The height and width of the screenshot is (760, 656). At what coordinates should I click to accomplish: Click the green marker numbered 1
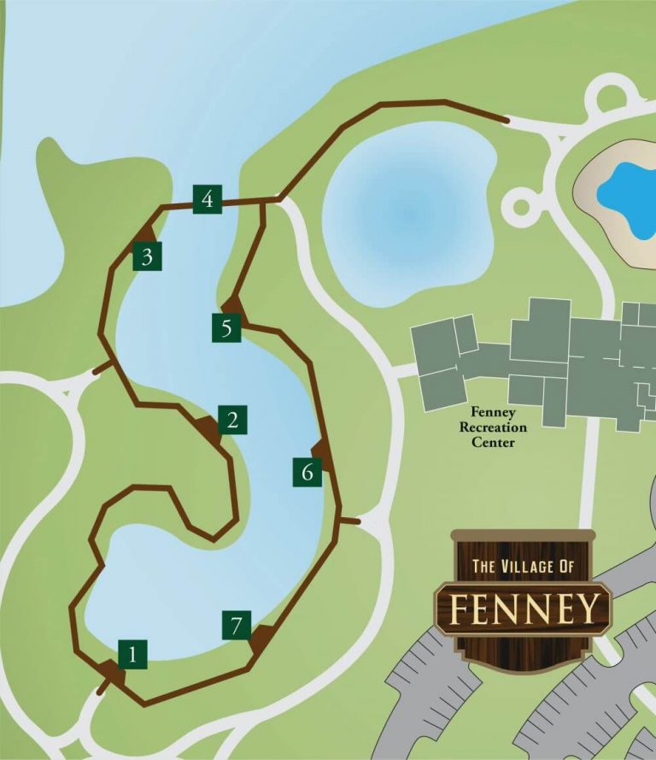click(x=132, y=655)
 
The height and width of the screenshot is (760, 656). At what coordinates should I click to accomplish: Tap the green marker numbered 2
click(x=232, y=420)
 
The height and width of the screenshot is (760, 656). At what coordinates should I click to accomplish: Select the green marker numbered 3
click(x=148, y=256)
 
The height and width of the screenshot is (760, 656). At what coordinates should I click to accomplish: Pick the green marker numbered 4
click(x=208, y=199)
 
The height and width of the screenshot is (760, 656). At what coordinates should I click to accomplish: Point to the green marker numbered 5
click(x=226, y=327)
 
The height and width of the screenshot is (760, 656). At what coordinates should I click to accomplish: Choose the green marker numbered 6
click(x=308, y=471)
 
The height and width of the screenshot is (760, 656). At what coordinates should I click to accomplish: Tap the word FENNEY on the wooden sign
click(x=524, y=609)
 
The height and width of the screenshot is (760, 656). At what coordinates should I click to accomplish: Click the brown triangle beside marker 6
click(x=322, y=451)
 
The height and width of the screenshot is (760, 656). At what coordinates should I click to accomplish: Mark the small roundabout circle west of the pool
click(x=520, y=204)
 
